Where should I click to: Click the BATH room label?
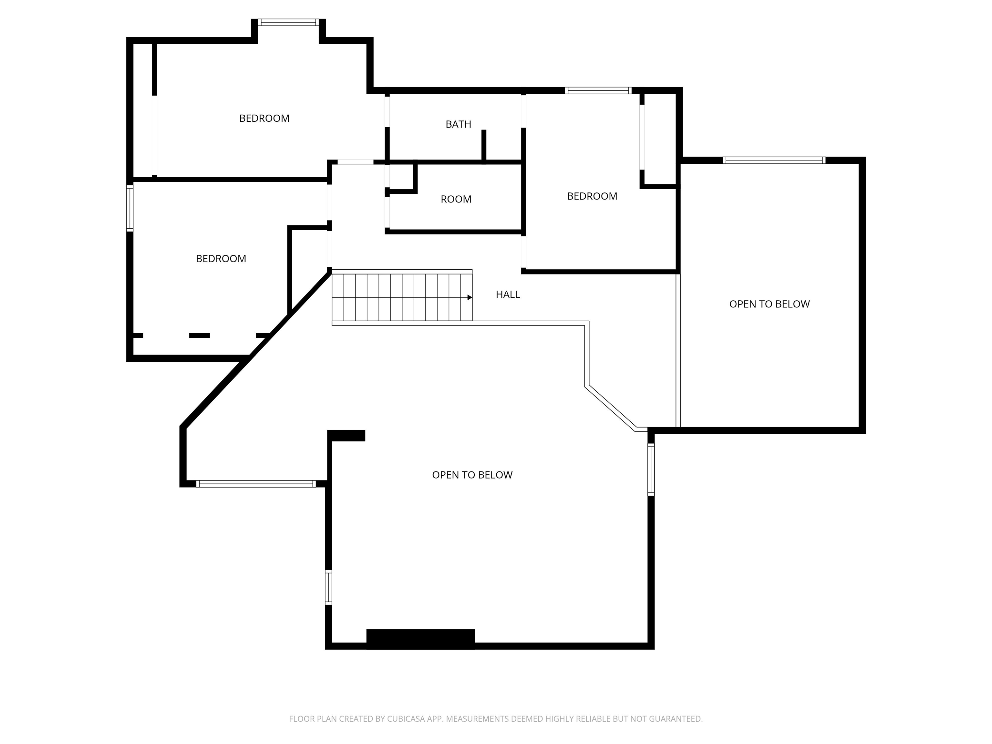point(458,124)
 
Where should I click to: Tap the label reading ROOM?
point(456,199)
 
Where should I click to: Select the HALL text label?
point(508,294)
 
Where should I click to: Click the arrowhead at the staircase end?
point(470,297)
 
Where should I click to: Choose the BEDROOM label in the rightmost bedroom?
point(592,196)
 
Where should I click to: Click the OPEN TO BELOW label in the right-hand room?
point(769,304)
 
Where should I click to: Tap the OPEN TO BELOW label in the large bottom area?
point(472,475)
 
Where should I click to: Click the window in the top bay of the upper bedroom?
point(288,22)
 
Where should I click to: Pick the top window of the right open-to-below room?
point(774,160)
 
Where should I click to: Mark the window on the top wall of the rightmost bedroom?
point(598,91)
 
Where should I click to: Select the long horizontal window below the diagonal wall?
point(256,484)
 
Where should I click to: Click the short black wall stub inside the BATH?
point(484,145)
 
